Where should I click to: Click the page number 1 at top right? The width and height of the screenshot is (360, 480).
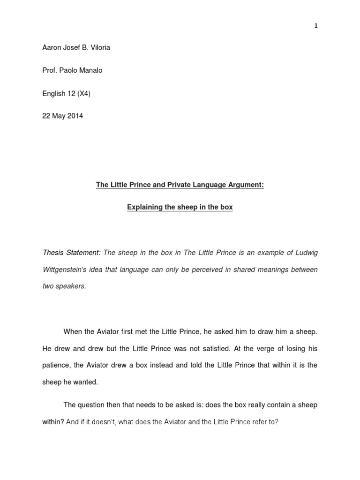316,26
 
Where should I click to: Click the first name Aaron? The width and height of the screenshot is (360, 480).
52,47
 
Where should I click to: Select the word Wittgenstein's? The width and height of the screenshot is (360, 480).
64,270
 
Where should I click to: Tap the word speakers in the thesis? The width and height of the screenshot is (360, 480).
72,286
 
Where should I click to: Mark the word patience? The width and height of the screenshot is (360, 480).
56,366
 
